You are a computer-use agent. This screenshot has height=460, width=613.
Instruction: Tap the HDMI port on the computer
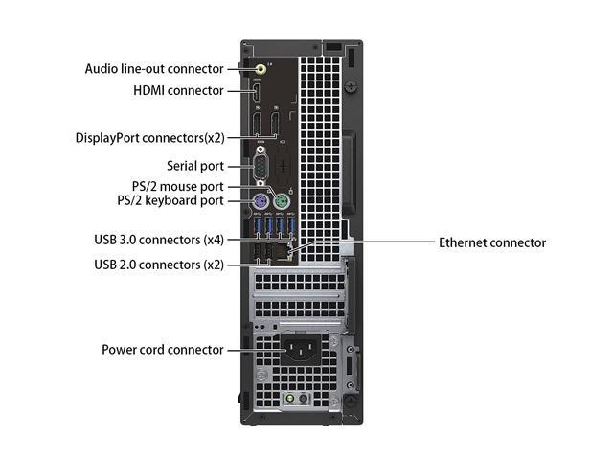259,93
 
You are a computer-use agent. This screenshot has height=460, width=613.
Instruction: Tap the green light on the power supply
288,397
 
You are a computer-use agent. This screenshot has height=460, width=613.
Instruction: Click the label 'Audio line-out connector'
168,69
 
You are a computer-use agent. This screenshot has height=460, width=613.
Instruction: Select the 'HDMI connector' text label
178,91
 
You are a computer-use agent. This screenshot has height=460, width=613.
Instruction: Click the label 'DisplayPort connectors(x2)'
150,137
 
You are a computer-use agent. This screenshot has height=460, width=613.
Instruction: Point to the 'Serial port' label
195,166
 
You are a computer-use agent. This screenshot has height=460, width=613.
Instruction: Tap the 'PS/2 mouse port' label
179,186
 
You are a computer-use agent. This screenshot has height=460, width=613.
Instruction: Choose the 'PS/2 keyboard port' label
171,200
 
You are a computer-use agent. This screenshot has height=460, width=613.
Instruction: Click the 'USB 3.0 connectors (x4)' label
159,238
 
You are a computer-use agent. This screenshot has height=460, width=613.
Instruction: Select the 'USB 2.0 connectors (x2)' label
159,264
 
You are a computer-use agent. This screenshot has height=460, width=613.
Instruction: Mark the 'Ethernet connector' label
492,242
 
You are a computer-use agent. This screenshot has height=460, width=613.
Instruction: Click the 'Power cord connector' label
163,350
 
